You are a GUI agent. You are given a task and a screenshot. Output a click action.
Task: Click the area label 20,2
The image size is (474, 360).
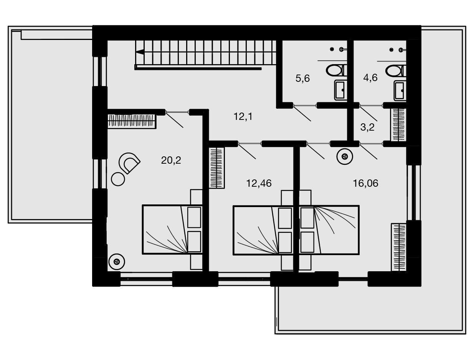171,160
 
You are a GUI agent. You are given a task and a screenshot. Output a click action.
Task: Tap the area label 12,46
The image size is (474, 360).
259,183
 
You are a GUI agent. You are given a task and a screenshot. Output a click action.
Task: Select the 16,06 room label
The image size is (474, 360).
365,183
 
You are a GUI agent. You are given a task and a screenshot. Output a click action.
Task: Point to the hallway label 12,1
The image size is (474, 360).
243,116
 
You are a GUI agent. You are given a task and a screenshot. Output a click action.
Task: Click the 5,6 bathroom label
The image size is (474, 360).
302,78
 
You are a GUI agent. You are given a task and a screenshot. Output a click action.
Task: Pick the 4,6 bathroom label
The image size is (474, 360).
370,78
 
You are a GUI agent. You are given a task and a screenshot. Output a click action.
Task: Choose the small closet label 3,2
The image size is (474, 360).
367,127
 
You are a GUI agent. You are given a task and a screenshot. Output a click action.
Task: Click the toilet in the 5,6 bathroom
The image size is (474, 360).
336,70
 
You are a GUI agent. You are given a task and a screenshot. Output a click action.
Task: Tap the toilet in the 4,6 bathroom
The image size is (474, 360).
396,71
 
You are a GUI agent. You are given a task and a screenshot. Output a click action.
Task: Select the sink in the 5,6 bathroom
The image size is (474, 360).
340,90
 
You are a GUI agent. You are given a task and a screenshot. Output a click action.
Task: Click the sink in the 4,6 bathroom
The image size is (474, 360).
400,91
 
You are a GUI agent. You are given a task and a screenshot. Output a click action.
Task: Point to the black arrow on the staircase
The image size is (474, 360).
140,52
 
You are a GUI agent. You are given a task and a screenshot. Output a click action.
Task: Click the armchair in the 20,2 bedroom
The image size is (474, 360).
129,163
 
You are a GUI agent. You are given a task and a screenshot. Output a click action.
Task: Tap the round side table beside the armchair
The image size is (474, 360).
118,179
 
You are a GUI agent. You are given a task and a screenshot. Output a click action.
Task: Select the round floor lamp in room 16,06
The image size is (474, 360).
345,156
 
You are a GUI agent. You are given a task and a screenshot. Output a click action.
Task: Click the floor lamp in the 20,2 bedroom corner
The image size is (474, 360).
117,262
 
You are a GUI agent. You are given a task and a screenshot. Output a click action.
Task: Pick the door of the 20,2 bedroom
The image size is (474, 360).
174,119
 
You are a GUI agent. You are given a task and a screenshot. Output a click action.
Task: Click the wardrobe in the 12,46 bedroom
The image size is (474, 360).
216,168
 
